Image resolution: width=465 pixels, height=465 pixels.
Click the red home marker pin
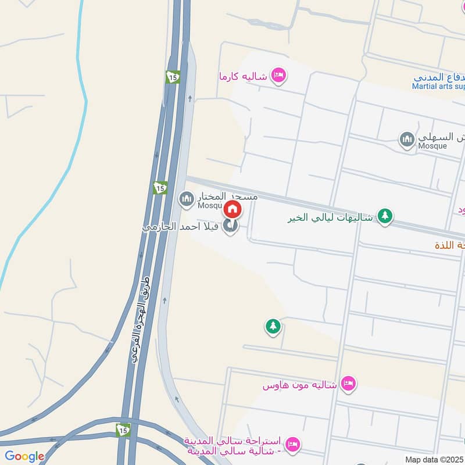[x=232, y=209]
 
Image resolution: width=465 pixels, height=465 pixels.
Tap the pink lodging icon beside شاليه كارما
[x=279, y=76]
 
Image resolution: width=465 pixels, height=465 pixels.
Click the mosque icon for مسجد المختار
[x=187, y=200]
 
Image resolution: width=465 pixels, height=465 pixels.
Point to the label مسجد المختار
[x=227, y=196]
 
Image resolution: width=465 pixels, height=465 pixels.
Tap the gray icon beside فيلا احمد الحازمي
[x=231, y=227]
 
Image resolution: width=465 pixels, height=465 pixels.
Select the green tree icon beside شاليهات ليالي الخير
[x=385, y=216]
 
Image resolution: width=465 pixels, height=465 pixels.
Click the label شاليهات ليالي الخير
[x=330, y=217]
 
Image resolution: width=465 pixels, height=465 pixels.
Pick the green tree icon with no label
[x=273, y=326]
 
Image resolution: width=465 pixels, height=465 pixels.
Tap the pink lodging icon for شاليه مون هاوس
[x=348, y=384]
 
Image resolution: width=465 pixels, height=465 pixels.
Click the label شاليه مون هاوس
[x=300, y=385]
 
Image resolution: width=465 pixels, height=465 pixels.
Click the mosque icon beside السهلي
[x=406, y=139]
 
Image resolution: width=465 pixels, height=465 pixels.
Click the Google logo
[x=24, y=456]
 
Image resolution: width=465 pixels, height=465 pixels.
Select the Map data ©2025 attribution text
[x=434, y=459]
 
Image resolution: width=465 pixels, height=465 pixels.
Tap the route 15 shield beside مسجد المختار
[x=160, y=188]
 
